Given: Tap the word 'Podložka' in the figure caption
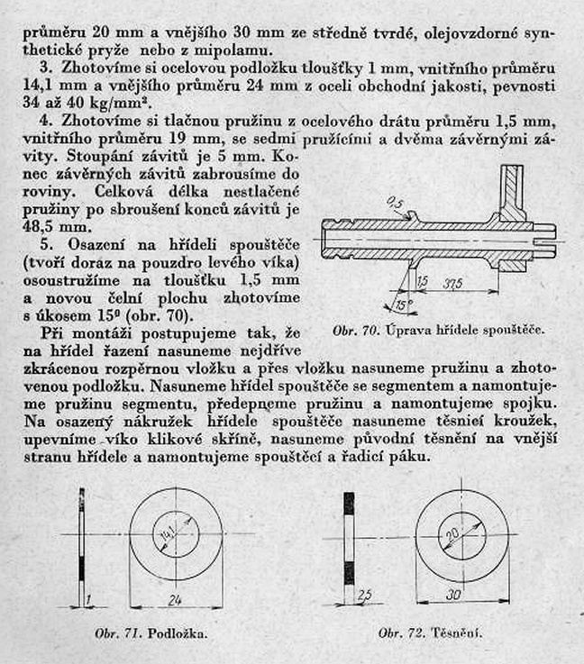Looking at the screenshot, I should tap(180, 633).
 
